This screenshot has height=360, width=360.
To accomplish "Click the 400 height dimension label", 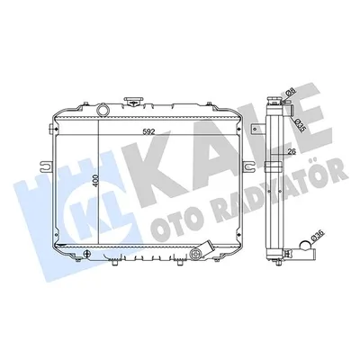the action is click(95, 180).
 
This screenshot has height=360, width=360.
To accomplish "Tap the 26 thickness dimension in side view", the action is click(292, 152).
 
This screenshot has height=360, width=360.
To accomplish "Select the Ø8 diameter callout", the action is click(290, 93).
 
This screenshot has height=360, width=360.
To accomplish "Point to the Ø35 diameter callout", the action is click(293, 125).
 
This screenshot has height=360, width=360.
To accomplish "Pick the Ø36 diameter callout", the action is click(316, 237).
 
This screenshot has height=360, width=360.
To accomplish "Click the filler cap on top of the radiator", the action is click(132, 102).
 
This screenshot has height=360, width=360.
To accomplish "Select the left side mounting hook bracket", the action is click(45, 165).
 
